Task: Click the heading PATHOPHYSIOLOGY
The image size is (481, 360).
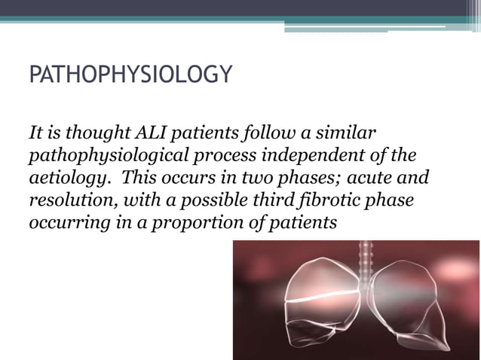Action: (x=130, y=76)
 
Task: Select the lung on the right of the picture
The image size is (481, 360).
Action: (x=410, y=309)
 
